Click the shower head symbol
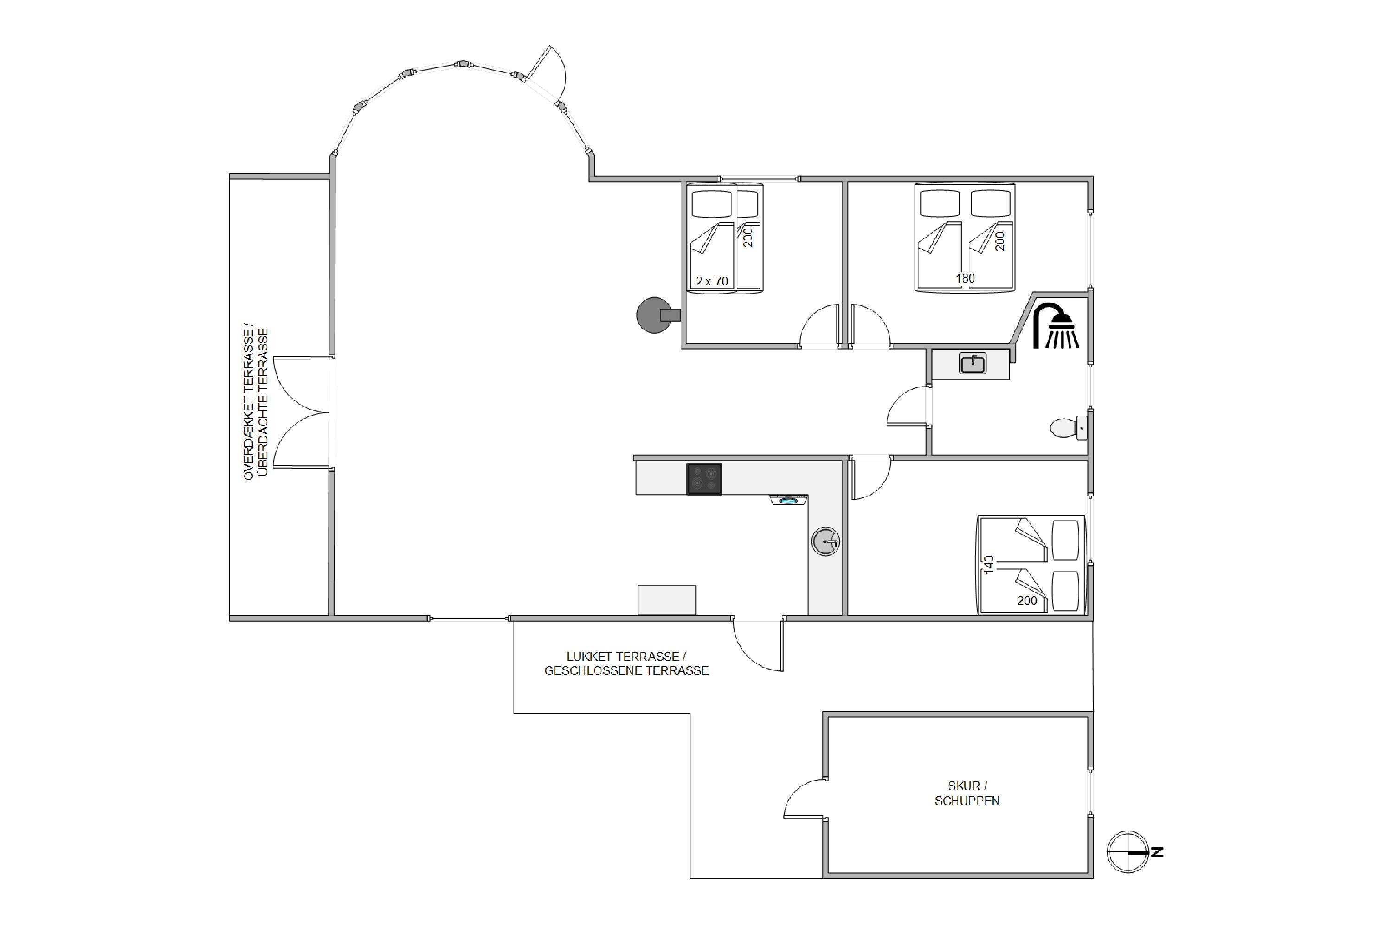(x=1056, y=326)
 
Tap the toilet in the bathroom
(x=1068, y=427)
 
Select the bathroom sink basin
(x=973, y=363)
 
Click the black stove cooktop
(x=704, y=479)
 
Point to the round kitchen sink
(x=825, y=541)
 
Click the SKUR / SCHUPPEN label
(x=967, y=793)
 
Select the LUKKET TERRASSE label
(x=626, y=657)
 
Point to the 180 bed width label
(x=965, y=278)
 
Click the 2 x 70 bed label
(x=712, y=281)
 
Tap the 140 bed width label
(x=988, y=565)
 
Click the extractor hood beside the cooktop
(x=789, y=500)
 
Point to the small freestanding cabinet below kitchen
(x=666, y=599)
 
